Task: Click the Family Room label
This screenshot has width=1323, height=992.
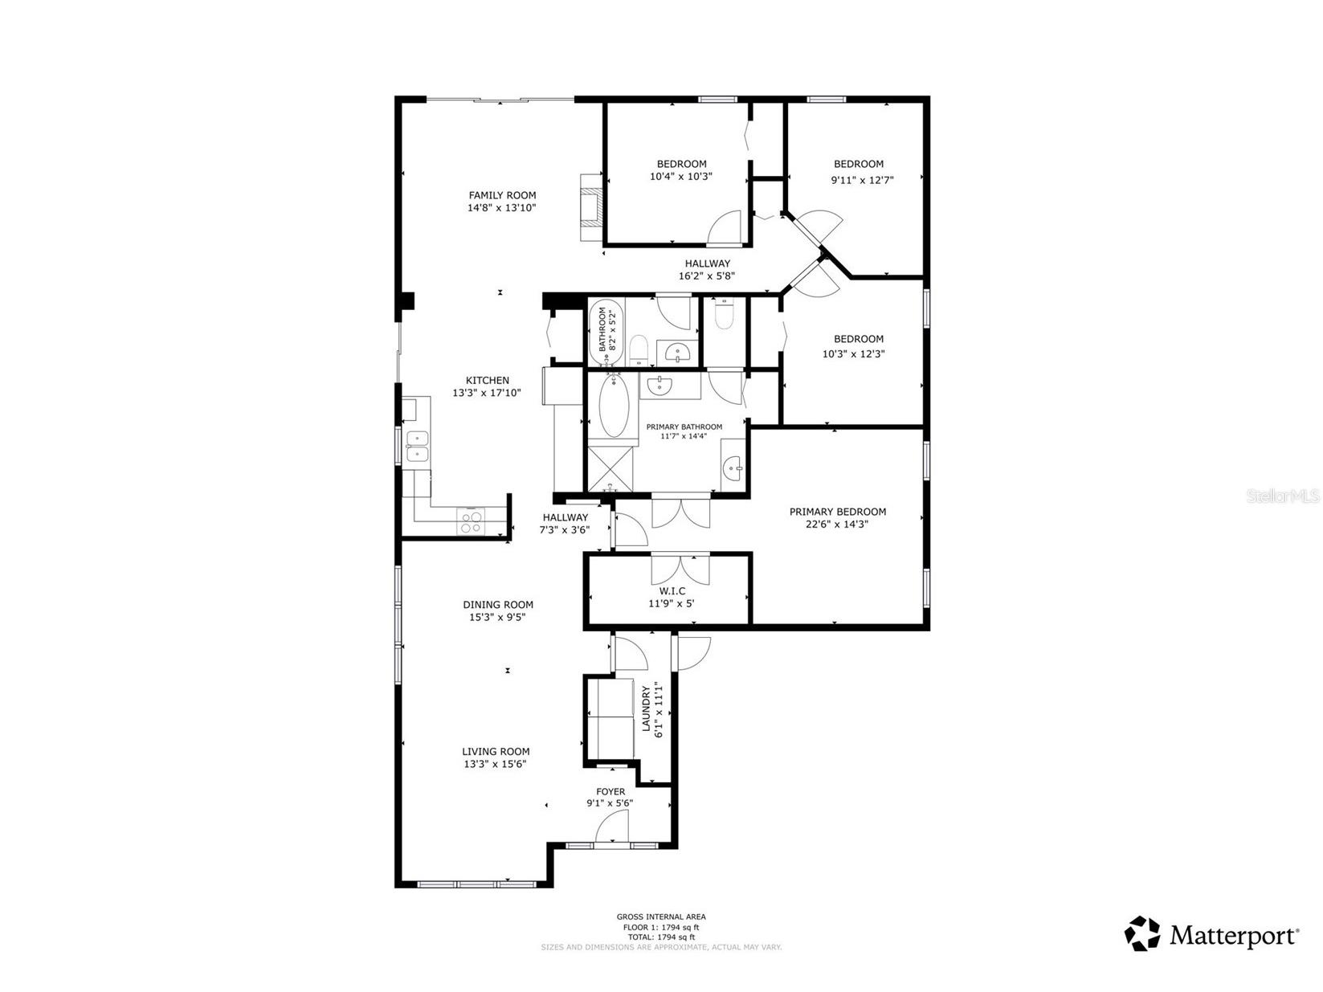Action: point(502,195)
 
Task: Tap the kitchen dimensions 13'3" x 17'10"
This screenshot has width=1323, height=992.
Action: point(487,393)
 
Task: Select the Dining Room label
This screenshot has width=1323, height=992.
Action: point(498,605)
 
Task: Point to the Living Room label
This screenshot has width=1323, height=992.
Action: point(496,752)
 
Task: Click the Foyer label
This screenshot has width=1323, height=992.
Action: point(610,792)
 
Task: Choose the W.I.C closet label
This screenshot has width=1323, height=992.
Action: point(672,591)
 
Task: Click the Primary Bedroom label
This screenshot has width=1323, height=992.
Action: point(837,512)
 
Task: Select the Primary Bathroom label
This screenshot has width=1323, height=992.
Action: point(684,427)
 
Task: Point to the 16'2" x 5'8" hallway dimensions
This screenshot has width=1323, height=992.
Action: point(706,276)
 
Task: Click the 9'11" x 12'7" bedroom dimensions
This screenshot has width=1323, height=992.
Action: point(862,180)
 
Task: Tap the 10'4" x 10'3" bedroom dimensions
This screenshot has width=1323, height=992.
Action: point(681,177)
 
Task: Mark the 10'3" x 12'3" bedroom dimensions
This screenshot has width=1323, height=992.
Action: point(853,353)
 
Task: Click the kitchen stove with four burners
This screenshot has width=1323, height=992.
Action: point(470,522)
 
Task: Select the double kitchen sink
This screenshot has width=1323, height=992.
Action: point(416,447)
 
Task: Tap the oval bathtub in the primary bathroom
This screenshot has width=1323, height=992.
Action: point(615,407)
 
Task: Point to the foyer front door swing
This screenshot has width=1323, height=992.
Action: point(611,827)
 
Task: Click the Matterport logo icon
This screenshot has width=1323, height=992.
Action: point(1141,934)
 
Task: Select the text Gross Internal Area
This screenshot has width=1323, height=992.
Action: point(660,916)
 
